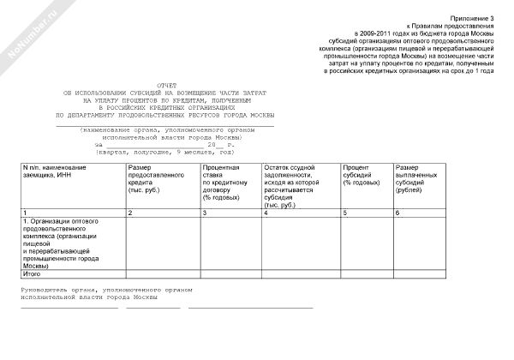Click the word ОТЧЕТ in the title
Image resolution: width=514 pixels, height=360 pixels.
pyautogui.click(x=167, y=85)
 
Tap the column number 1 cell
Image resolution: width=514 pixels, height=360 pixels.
pyautogui.click(x=26, y=212)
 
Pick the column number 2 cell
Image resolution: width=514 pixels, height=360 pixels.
pyautogui.click(x=129, y=212)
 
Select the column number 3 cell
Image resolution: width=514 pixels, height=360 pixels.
pyautogui.click(x=205, y=212)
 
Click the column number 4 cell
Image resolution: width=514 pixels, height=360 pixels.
pyautogui.click(x=266, y=212)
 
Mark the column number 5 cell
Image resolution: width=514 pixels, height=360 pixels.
pyautogui.click(x=344, y=212)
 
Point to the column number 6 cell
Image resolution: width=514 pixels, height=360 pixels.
pyautogui.click(x=397, y=212)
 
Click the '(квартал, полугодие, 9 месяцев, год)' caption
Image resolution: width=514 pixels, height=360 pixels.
pyautogui.click(x=165, y=150)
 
